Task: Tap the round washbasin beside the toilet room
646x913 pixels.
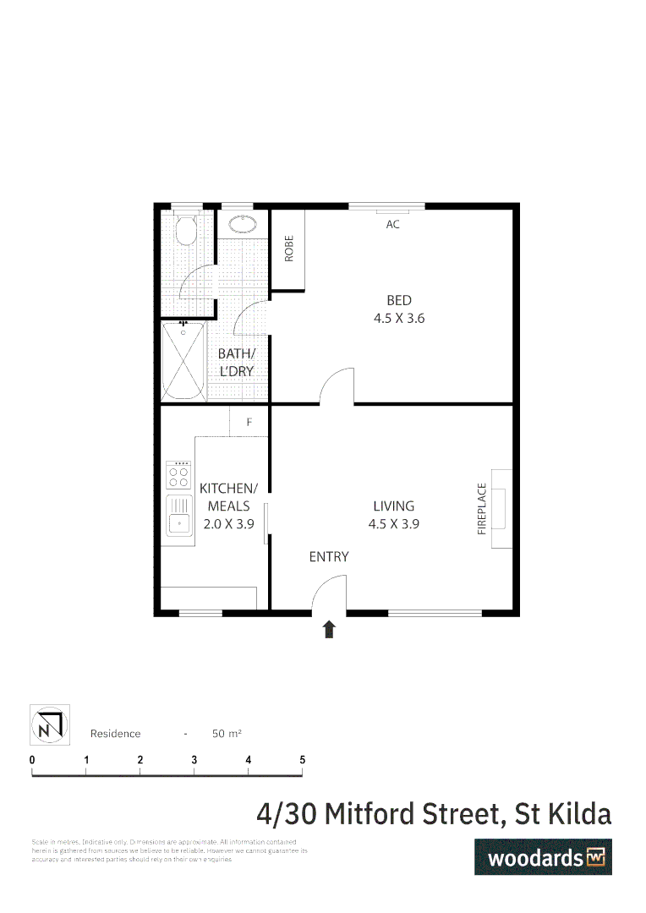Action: (244, 224)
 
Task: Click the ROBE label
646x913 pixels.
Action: (288, 249)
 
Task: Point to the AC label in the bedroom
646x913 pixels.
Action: (392, 225)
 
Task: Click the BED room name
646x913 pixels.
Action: (399, 300)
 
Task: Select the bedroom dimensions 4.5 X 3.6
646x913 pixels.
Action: (399, 319)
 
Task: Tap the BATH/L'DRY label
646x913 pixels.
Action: (236, 363)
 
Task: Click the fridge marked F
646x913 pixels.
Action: (249, 421)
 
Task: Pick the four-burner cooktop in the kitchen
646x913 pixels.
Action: (178, 475)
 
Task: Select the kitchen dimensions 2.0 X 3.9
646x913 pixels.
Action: (228, 523)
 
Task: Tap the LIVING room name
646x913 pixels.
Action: (394, 506)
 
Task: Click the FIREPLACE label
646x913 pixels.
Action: (482, 508)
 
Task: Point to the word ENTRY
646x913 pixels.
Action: (329, 556)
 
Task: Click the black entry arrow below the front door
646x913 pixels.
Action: (329, 629)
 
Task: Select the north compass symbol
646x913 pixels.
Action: (50, 724)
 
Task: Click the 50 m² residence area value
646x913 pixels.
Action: (227, 734)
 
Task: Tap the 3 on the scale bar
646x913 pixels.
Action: (194, 760)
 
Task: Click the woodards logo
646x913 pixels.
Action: (543, 857)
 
